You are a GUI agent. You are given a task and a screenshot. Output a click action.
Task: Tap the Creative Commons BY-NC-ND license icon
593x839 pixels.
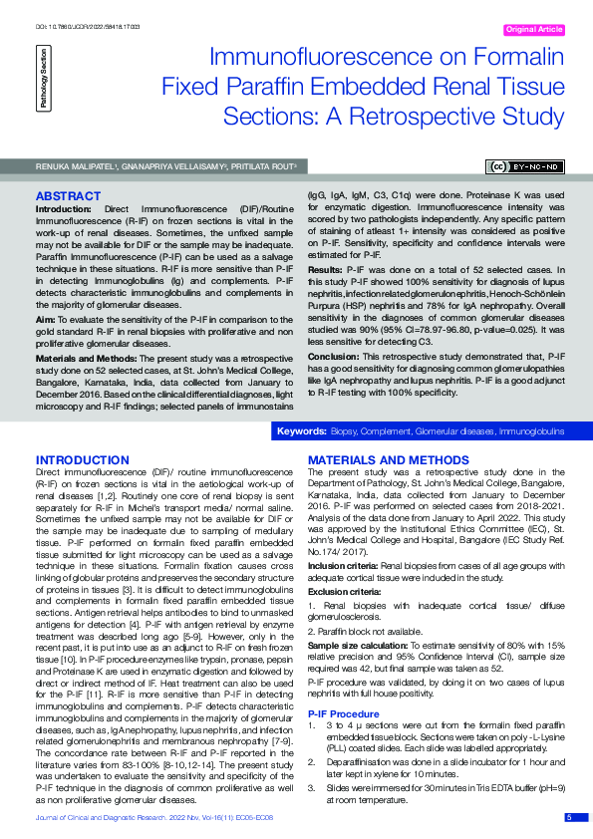click(524, 167)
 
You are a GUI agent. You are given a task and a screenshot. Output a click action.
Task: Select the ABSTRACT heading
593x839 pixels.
click(68, 195)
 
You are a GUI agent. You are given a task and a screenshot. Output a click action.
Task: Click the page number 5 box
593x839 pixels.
click(569, 817)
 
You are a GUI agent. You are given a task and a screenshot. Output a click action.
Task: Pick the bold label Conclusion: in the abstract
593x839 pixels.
click(333, 354)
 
